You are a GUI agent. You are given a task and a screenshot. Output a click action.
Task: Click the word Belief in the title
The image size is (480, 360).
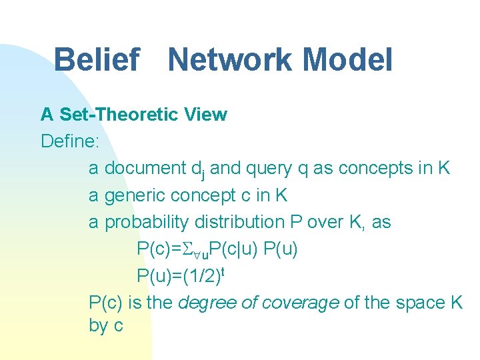coord(97,59)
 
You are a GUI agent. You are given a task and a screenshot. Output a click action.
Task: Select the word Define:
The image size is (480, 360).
coord(69,141)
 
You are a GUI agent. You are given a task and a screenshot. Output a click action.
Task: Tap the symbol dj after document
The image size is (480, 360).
coord(198,170)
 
